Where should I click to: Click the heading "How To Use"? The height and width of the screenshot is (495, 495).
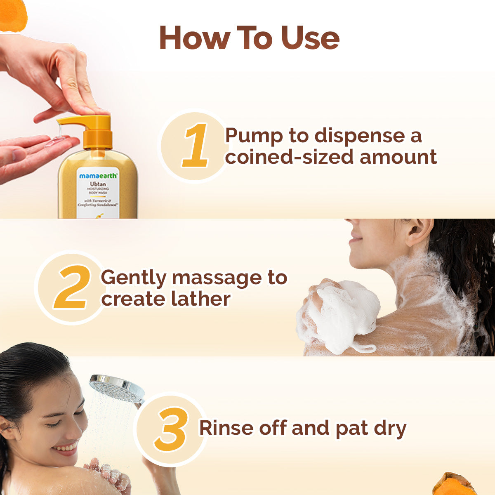[249, 38]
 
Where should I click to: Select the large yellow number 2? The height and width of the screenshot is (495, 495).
[73, 287]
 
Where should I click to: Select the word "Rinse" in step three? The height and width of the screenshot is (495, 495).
[226, 428]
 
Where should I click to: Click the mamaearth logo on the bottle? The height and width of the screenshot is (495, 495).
[98, 176]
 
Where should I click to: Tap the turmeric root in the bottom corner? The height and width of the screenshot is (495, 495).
[454, 485]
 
